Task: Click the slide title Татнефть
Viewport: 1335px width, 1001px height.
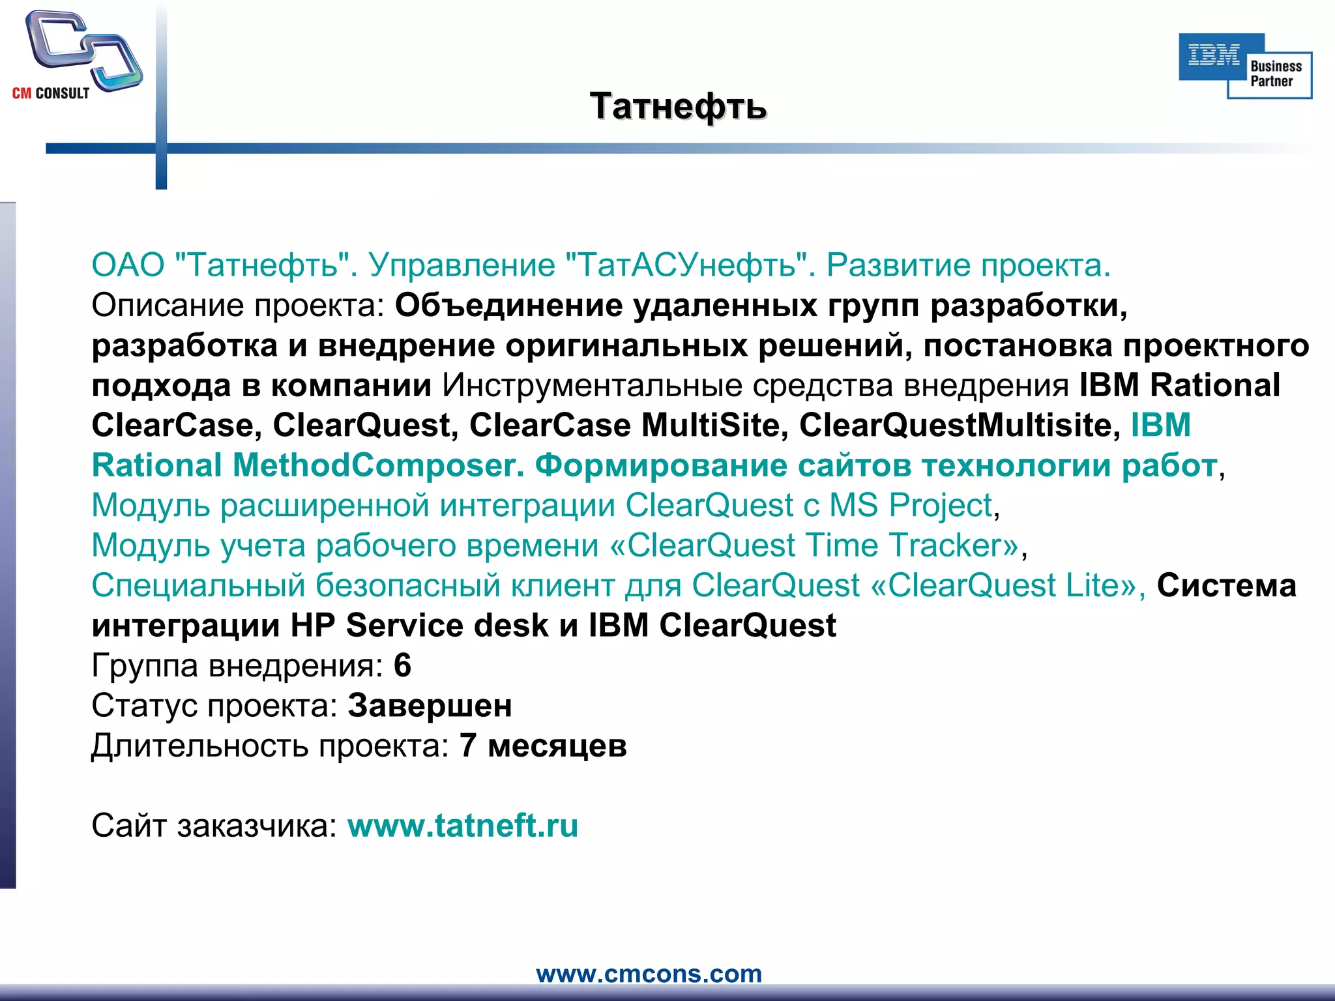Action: [678, 106]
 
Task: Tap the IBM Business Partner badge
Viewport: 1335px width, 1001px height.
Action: [1245, 66]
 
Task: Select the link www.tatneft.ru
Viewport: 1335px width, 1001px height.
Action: [463, 826]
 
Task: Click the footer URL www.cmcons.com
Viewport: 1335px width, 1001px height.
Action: [649, 974]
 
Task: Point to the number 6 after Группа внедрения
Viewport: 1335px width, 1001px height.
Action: [402, 665]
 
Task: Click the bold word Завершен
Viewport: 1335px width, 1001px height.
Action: [430, 706]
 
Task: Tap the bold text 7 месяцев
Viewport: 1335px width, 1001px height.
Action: [543, 746]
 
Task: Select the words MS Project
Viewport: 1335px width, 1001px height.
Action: [911, 505]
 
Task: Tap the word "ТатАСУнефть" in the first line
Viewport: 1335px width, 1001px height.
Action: [686, 265]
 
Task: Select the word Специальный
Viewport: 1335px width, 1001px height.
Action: [198, 585]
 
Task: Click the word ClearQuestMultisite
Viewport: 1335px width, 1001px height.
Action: [955, 426]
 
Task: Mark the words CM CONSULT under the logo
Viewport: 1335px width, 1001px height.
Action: [51, 93]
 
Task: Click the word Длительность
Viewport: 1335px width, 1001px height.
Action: [199, 746]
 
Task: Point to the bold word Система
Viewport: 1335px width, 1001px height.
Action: [1226, 585]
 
